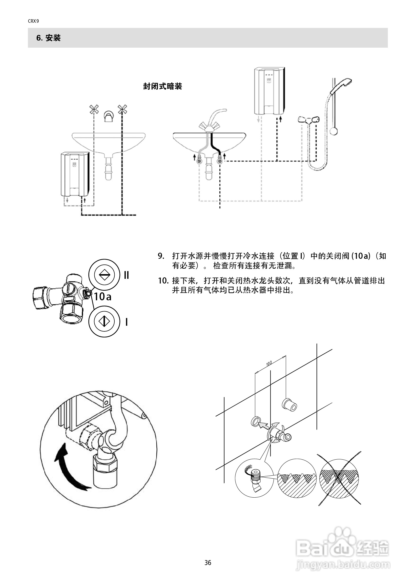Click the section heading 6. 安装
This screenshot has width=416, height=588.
[48, 38]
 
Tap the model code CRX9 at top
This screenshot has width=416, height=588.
[33, 21]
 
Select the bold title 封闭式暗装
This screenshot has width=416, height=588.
[162, 86]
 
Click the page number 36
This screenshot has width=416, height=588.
[208, 563]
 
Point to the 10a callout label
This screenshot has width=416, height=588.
[103, 297]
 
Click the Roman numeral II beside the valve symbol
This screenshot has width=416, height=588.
[126, 275]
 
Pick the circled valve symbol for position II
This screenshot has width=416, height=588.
[104, 275]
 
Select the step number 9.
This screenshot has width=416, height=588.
[161, 256]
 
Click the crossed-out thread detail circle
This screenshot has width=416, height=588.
[339, 478]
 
